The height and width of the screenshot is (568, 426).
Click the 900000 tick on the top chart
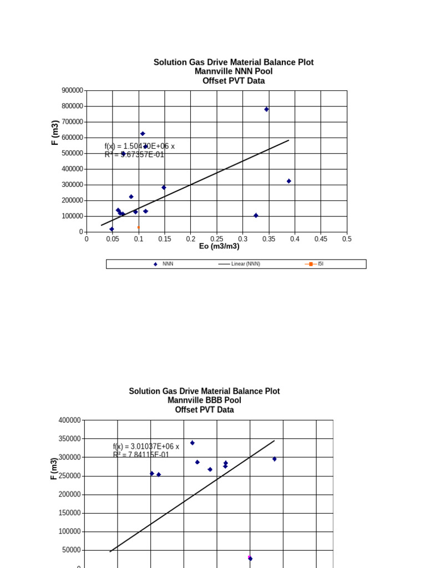[73, 90]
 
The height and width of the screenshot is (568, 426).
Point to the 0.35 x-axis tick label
[268, 239]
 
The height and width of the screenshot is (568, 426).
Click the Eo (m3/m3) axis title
[219, 247]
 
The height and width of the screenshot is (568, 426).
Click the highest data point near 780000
[266, 109]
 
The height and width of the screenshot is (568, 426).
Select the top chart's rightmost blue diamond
[288, 181]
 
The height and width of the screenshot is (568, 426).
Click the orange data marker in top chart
[139, 227]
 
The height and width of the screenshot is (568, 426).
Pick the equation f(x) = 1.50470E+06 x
[139, 146]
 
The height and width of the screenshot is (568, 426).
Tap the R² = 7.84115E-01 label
[141, 455]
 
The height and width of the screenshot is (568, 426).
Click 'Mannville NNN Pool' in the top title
[234, 72]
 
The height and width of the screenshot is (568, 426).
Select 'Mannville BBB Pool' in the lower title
[204, 400]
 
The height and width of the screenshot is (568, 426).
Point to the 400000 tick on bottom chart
[70, 420]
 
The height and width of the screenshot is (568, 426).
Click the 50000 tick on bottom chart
[72, 550]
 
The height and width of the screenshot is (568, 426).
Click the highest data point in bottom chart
[192, 443]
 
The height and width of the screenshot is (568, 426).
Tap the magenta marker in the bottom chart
[250, 557]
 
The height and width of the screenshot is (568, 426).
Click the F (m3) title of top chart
[55, 133]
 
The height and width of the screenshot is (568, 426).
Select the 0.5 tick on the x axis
[347, 239]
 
